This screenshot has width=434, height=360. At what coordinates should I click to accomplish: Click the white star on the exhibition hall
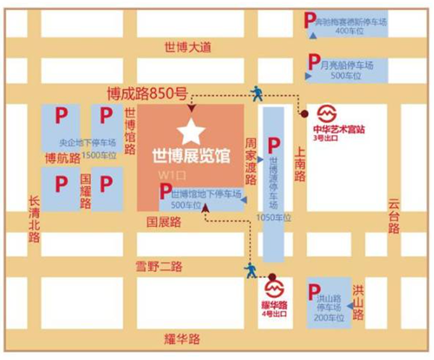(x=192, y=131)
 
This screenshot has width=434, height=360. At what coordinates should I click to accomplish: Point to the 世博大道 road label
(x=185, y=47)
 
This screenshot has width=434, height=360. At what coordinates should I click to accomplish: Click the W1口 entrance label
(x=169, y=176)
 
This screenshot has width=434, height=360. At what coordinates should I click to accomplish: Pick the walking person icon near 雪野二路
(x=250, y=270)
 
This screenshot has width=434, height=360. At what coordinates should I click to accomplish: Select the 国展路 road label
(x=163, y=222)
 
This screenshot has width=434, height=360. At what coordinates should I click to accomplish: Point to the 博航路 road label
(x=60, y=158)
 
